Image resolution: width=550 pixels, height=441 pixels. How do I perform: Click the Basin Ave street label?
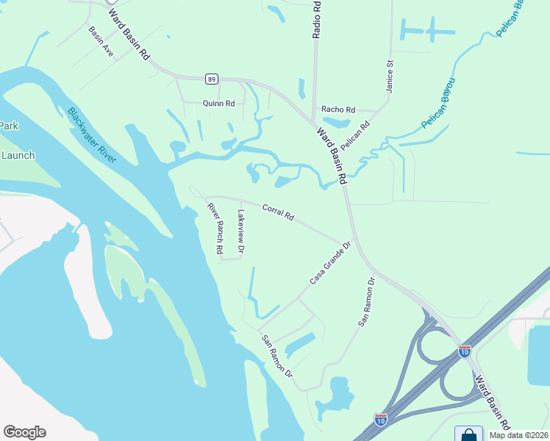tap(101, 41)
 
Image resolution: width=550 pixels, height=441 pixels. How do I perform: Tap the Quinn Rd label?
tap(218, 104)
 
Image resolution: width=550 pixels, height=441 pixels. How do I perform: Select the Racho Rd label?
tap(338, 110)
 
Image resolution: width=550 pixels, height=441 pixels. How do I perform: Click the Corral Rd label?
tap(279, 212)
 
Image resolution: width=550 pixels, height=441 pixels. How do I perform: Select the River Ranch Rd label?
tap(215, 228)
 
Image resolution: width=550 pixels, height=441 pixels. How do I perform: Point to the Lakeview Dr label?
tap(240, 232)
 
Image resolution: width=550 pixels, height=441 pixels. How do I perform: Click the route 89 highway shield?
tap(212, 79)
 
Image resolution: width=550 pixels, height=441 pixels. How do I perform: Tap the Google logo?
tap(24, 432)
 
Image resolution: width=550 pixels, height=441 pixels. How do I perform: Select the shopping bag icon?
tap(468, 434)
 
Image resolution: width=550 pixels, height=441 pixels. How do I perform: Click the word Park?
tap(8, 126)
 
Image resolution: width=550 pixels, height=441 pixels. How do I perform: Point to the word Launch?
tap(18, 155)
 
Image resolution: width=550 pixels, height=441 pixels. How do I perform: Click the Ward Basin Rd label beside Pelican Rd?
tap(332, 158)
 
